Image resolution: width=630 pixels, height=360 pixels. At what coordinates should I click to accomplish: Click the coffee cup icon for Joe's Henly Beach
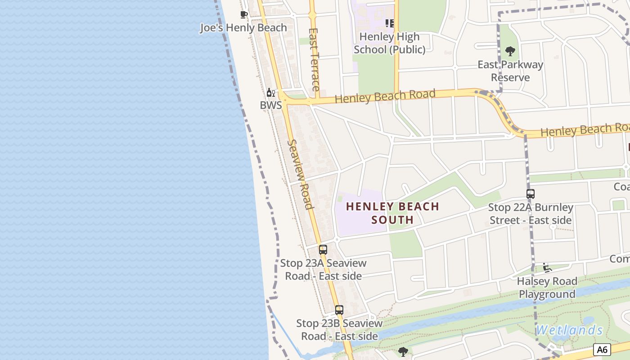pyautogui.click(x=244, y=15)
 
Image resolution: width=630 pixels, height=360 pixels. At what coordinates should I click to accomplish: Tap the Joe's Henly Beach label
pyautogui.click(x=243, y=27)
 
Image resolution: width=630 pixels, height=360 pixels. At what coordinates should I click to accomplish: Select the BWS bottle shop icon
pyautogui.click(x=270, y=93)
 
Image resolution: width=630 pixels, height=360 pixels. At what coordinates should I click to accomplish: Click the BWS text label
pyautogui.click(x=271, y=105)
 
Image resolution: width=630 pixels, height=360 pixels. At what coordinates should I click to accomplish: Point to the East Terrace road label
pyautogui.click(x=315, y=59)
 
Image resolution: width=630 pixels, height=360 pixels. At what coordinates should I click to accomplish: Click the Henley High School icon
pyautogui.click(x=390, y=23)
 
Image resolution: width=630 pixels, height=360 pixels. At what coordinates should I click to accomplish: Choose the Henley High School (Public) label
pyautogui.click(x=390, y=43)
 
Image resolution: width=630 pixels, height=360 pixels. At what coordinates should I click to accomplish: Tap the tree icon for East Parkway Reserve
pyautogui.click(x=510, y=51)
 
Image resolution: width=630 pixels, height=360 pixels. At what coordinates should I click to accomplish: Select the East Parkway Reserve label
pyautogui.click(x=510, y=71)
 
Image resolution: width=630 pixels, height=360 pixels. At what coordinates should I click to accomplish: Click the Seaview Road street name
pyautogui.click(x=300, y=174)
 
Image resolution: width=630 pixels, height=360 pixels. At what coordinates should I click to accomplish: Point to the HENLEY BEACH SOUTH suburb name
pyautogui.click(x=392, y=213)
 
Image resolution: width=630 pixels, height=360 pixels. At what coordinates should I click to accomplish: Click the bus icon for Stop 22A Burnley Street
pyautogui.click(x=531, y=194)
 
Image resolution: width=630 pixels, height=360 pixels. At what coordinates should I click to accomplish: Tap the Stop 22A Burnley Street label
pyautogui.click(x=531, y=214)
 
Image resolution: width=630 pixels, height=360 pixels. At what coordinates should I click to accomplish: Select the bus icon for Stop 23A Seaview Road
pyautogui.click(x=323, y=250)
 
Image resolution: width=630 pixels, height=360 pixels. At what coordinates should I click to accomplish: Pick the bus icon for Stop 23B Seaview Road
pyautogui.click(x=339, y=310)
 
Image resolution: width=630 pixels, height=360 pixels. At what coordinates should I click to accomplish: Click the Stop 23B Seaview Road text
pyautogui.click(x=339, y=329)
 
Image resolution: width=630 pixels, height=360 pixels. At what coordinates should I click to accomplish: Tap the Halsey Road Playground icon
pyautogui.click(x=547, y=268)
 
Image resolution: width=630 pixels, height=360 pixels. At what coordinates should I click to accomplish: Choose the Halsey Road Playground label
pyautogui.click(x=547, y=288)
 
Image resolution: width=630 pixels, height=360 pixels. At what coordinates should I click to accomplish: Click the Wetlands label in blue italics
pyautogui.click(x=569, y=330)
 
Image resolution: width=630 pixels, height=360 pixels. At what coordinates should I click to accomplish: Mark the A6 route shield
pyautogui.click(x=602, y=349)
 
